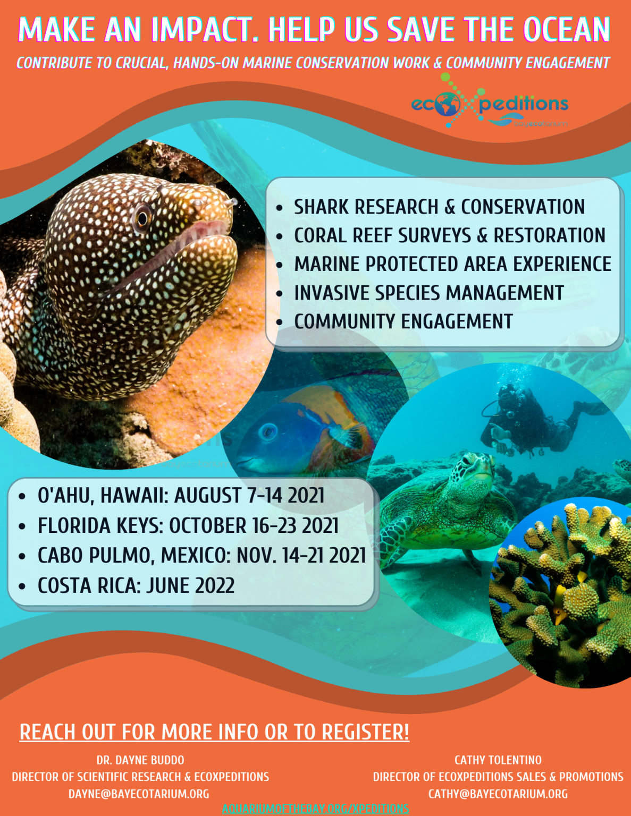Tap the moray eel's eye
pos(142,217)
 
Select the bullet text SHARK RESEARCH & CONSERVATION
pos(439,207)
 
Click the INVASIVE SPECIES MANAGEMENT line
pos(429,293)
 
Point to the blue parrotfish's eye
pos(268,431)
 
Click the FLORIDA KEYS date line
pos(188,525)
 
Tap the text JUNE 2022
pos(190,585)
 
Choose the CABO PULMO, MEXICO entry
pos(201,555)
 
